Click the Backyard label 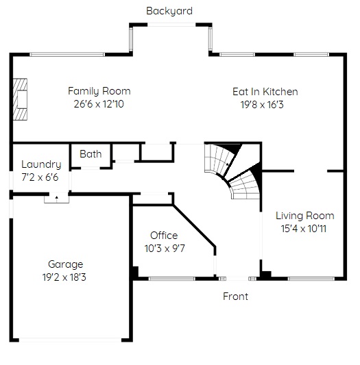tap(169, 11)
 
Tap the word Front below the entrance tap(235, 297)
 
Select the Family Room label tap(99, 91)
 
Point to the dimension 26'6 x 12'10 tap(99, 104)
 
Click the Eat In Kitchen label tap(265, 92)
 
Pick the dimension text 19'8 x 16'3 tap(262, 105)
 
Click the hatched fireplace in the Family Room tap(20, 99)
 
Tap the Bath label tap(91, 154)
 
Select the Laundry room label tap(41, 164)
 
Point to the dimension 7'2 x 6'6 tap(40, 177)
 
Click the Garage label tap(66, 264)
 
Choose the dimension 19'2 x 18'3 tap(64, 277)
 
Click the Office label tap(164, 236)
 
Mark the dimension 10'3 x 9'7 tap(165, 249)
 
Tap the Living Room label tap(305, 216)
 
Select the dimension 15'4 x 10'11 tap(303, 229)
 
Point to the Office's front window tap(172, 279)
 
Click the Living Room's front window tap(311, 279)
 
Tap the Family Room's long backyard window tap(67, 55)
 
